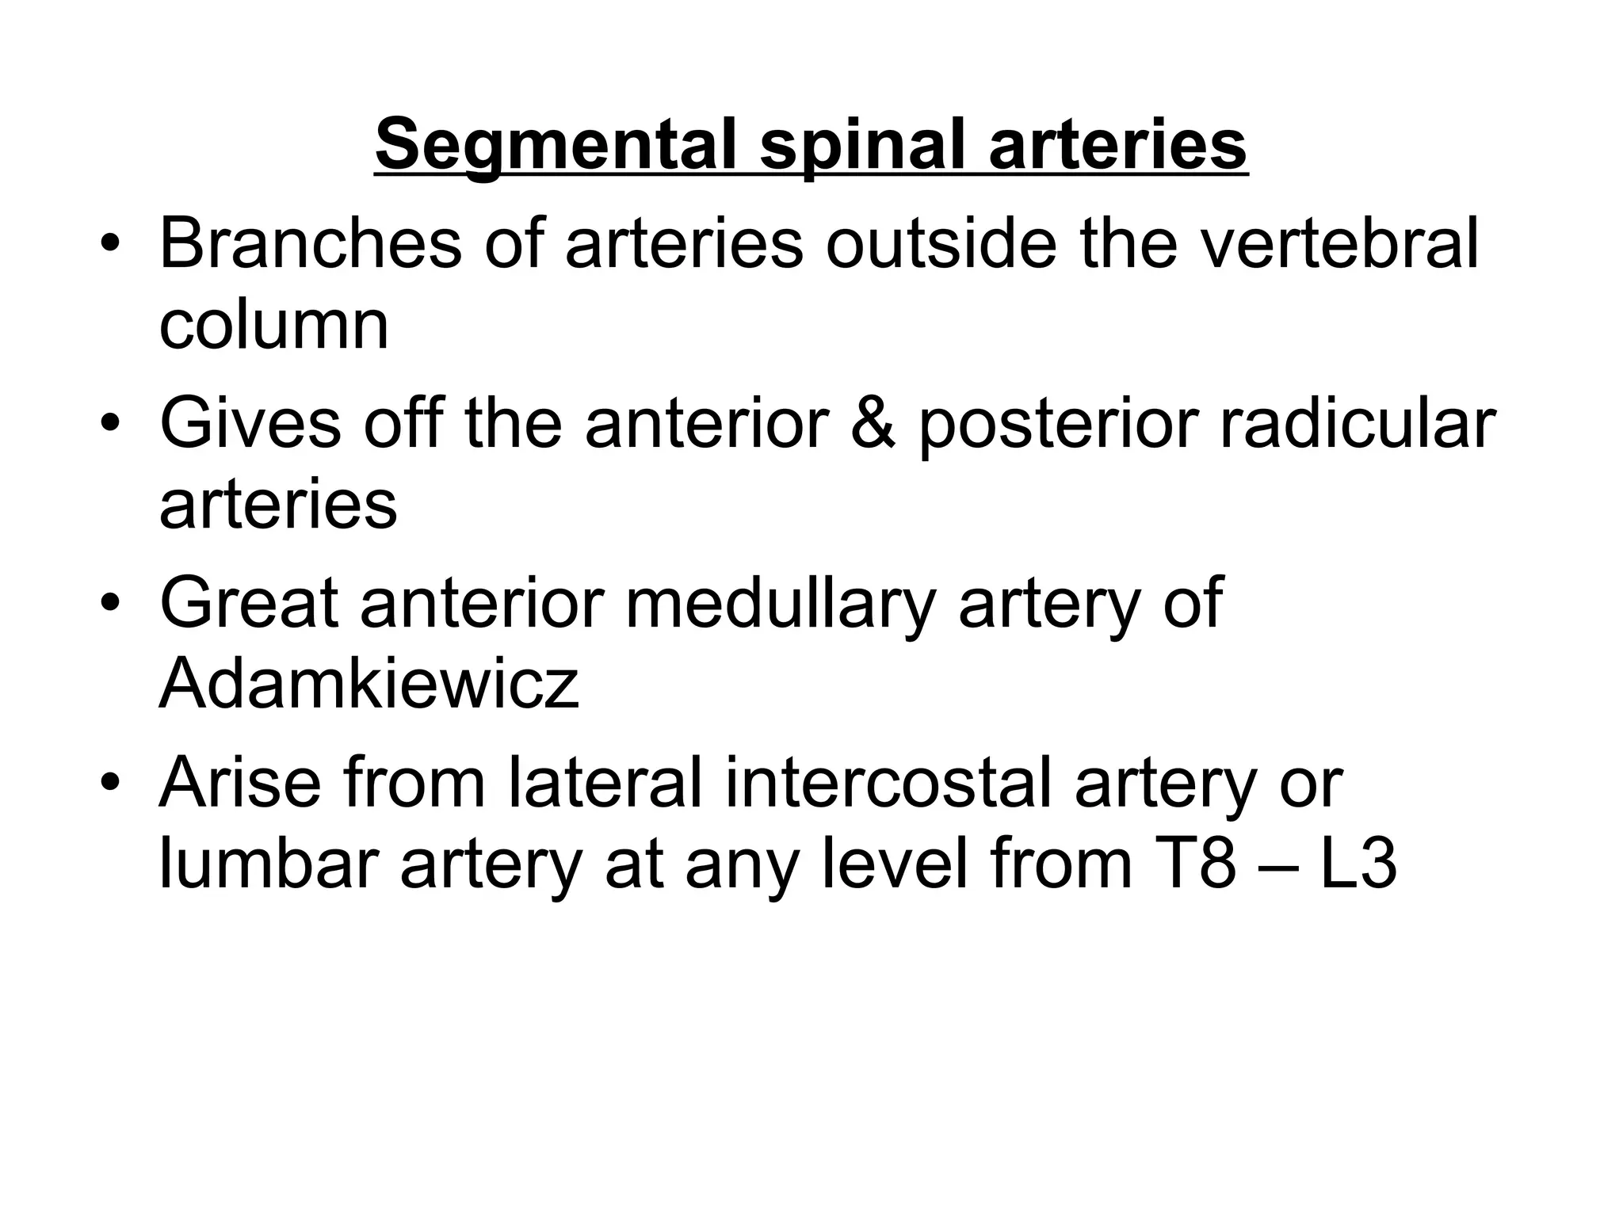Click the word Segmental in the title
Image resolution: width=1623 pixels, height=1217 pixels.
(x=558, y=145)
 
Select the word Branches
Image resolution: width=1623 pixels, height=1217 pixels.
(x=310, y=243)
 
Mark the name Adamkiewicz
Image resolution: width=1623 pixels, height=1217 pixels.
(x=369, y=683)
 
